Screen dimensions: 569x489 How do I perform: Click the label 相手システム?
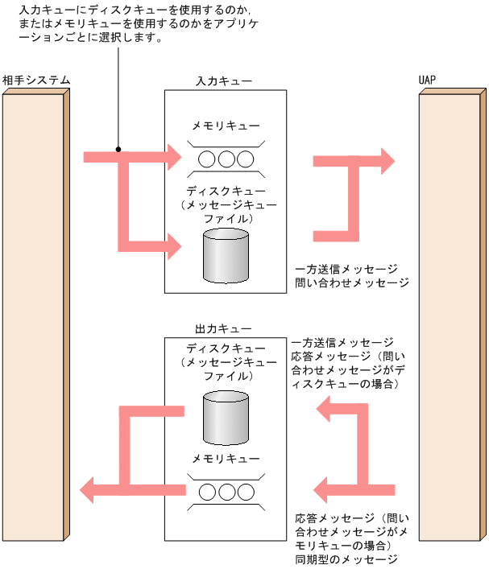click(x=36, y=80)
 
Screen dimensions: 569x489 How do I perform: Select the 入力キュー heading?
click(x=224, y=81)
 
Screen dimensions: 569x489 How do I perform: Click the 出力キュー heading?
click(x=224, y=329)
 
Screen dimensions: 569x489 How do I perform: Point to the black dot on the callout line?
click(x=118, y=150)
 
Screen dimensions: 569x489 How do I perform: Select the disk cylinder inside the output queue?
click(x=226, y=417)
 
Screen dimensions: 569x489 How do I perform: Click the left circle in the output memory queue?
click(x=207, y=491)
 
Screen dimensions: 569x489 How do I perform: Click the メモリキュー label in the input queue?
click(x=226, y=126)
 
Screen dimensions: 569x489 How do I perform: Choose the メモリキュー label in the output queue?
click(x=226, y=458)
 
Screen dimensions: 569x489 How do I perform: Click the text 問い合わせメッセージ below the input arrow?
click(x=352, y=283)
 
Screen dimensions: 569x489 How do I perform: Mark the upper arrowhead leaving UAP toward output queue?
click(x=325, y=411)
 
